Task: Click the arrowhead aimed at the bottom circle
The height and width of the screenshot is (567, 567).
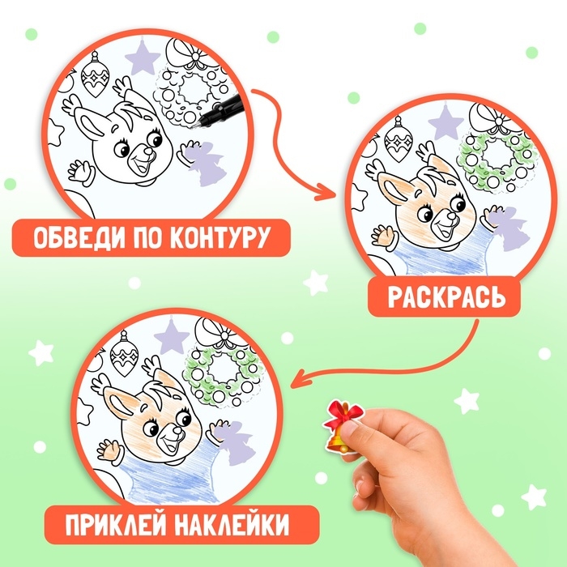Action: (297, 377)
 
